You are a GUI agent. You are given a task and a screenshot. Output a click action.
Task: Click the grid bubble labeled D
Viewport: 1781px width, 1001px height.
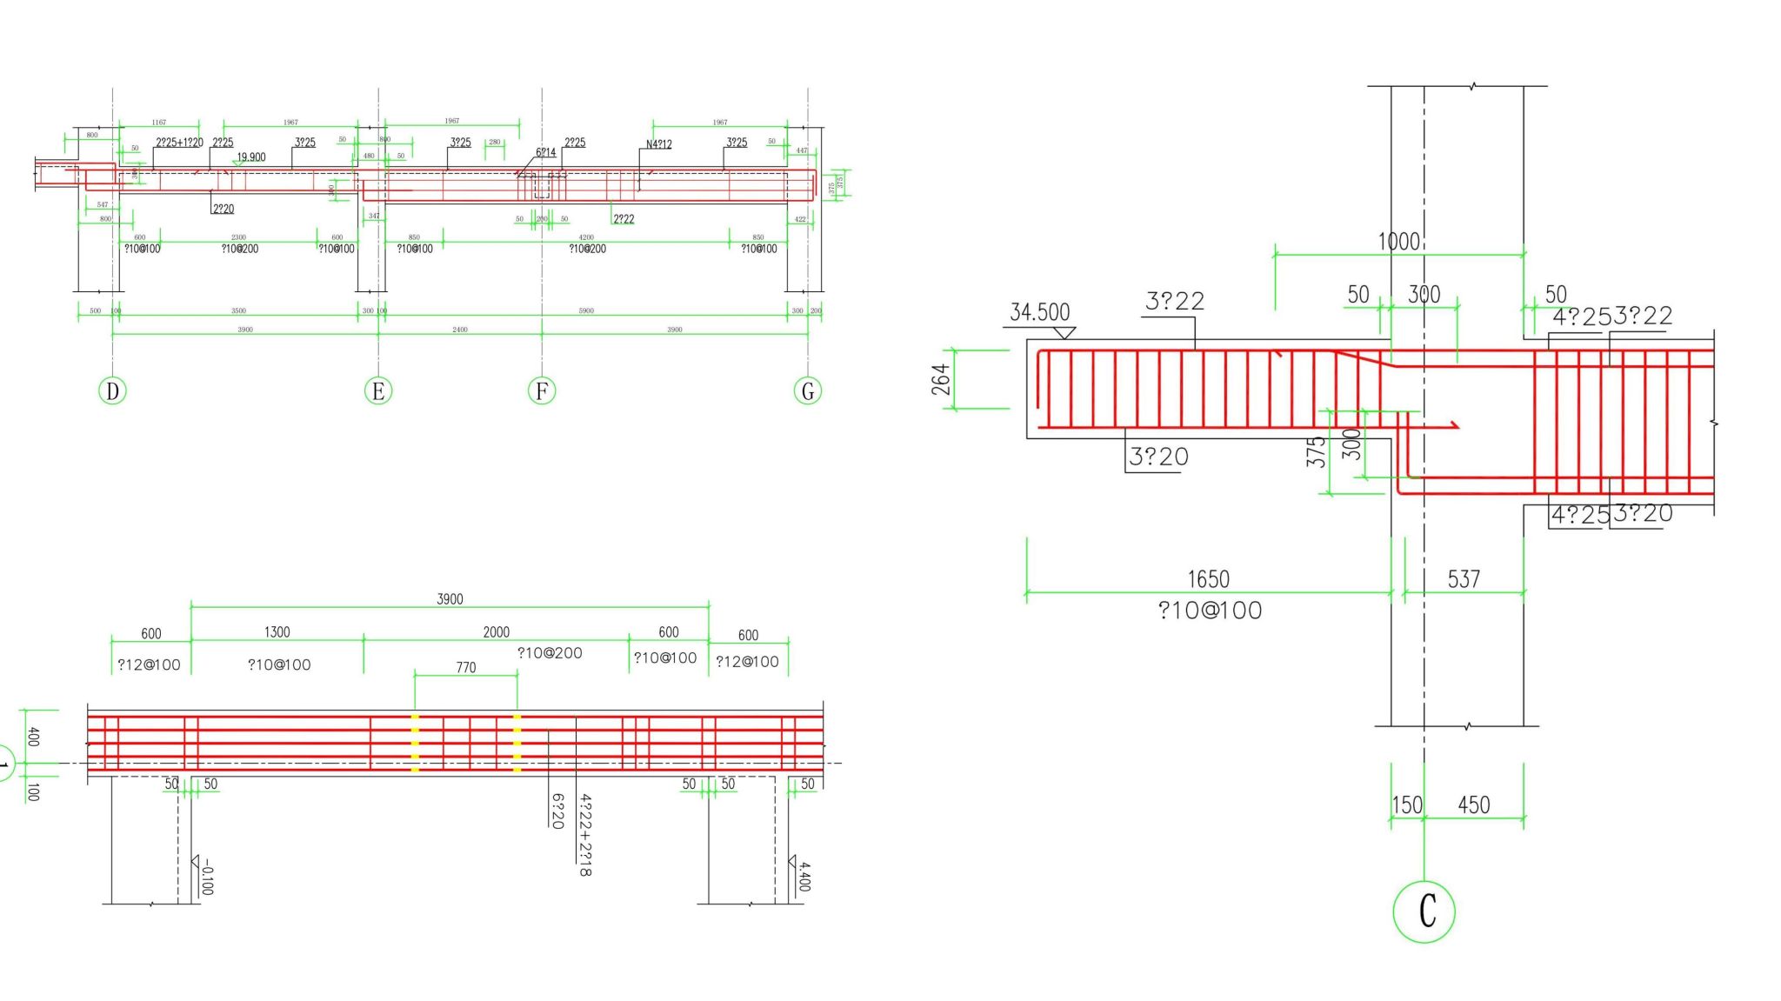pos(112,390)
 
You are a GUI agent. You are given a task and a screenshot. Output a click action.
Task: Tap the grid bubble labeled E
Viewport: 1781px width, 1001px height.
pos(378,390)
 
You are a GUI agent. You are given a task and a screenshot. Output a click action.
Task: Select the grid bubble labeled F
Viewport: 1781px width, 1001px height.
pos(542,390)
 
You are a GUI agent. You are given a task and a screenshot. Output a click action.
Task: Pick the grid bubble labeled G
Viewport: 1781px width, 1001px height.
pos(808,390)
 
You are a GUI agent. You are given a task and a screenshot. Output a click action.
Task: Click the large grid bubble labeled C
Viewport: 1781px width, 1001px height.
pos(1424,911)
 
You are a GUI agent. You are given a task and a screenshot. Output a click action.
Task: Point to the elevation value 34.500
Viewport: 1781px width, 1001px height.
pos(1039,312)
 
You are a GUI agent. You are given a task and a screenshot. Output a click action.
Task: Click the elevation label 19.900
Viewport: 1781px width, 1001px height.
pos(251,157)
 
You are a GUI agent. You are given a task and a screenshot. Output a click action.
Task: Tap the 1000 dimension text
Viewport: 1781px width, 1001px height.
pos(1398,242)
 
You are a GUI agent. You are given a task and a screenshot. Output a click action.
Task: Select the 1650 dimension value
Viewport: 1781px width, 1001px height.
pos(1208,579)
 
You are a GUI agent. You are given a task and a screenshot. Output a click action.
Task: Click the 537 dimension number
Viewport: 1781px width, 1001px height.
pos(1464,579)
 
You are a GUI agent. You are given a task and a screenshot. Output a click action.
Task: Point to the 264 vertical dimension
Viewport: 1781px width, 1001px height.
pos(941,379)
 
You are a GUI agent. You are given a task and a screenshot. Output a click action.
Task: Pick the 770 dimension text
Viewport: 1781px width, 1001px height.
pos(466,668)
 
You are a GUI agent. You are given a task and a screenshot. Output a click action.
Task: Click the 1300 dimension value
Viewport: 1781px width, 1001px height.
pos(277,632)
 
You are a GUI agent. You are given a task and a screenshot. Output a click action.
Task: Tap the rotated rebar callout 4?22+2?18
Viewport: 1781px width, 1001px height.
pos(585,834)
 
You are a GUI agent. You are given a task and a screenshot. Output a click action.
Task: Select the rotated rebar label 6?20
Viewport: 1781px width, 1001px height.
pos(557,811)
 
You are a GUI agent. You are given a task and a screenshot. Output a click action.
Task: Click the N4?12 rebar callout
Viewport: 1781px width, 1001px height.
pos(658,144)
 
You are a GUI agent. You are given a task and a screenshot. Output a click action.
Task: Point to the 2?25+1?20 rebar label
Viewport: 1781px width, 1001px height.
pos(179,143)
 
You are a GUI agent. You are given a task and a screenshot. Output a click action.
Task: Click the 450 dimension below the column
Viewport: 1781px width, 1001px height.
pos(1473,805)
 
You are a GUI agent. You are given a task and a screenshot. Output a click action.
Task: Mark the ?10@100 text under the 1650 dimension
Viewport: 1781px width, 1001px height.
pos(1210,611)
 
